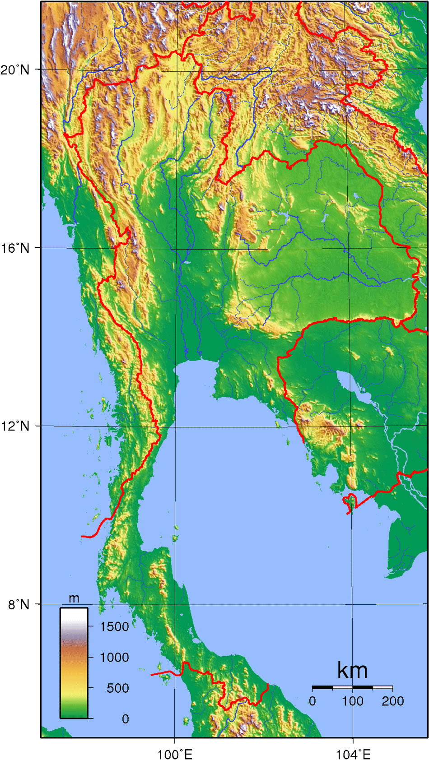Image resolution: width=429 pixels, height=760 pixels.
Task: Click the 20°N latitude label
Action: pos(14,70)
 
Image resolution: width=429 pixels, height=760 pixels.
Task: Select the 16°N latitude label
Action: pos(14,248)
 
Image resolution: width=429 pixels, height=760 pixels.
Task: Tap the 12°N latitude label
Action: pos(14,426)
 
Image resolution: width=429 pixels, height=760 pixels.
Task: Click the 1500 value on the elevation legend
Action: pos(114,626)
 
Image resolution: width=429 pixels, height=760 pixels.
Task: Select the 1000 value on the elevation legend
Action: pos(114,657)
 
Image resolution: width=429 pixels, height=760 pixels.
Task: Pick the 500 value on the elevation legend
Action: pos(118,688)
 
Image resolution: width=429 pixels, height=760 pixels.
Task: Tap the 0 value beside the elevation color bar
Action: pos(125,719)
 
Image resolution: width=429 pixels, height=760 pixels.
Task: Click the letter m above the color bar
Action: pos(74,598)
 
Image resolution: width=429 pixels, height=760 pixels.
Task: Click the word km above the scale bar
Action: pos(352,671)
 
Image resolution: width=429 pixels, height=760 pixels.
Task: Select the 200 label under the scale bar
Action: pos(392,701)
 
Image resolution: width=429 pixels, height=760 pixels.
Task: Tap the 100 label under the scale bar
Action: pos(352,701)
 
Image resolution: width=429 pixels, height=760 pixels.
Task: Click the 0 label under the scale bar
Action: pos(312,701)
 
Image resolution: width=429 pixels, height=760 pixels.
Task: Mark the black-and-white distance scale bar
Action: pos(352,687)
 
